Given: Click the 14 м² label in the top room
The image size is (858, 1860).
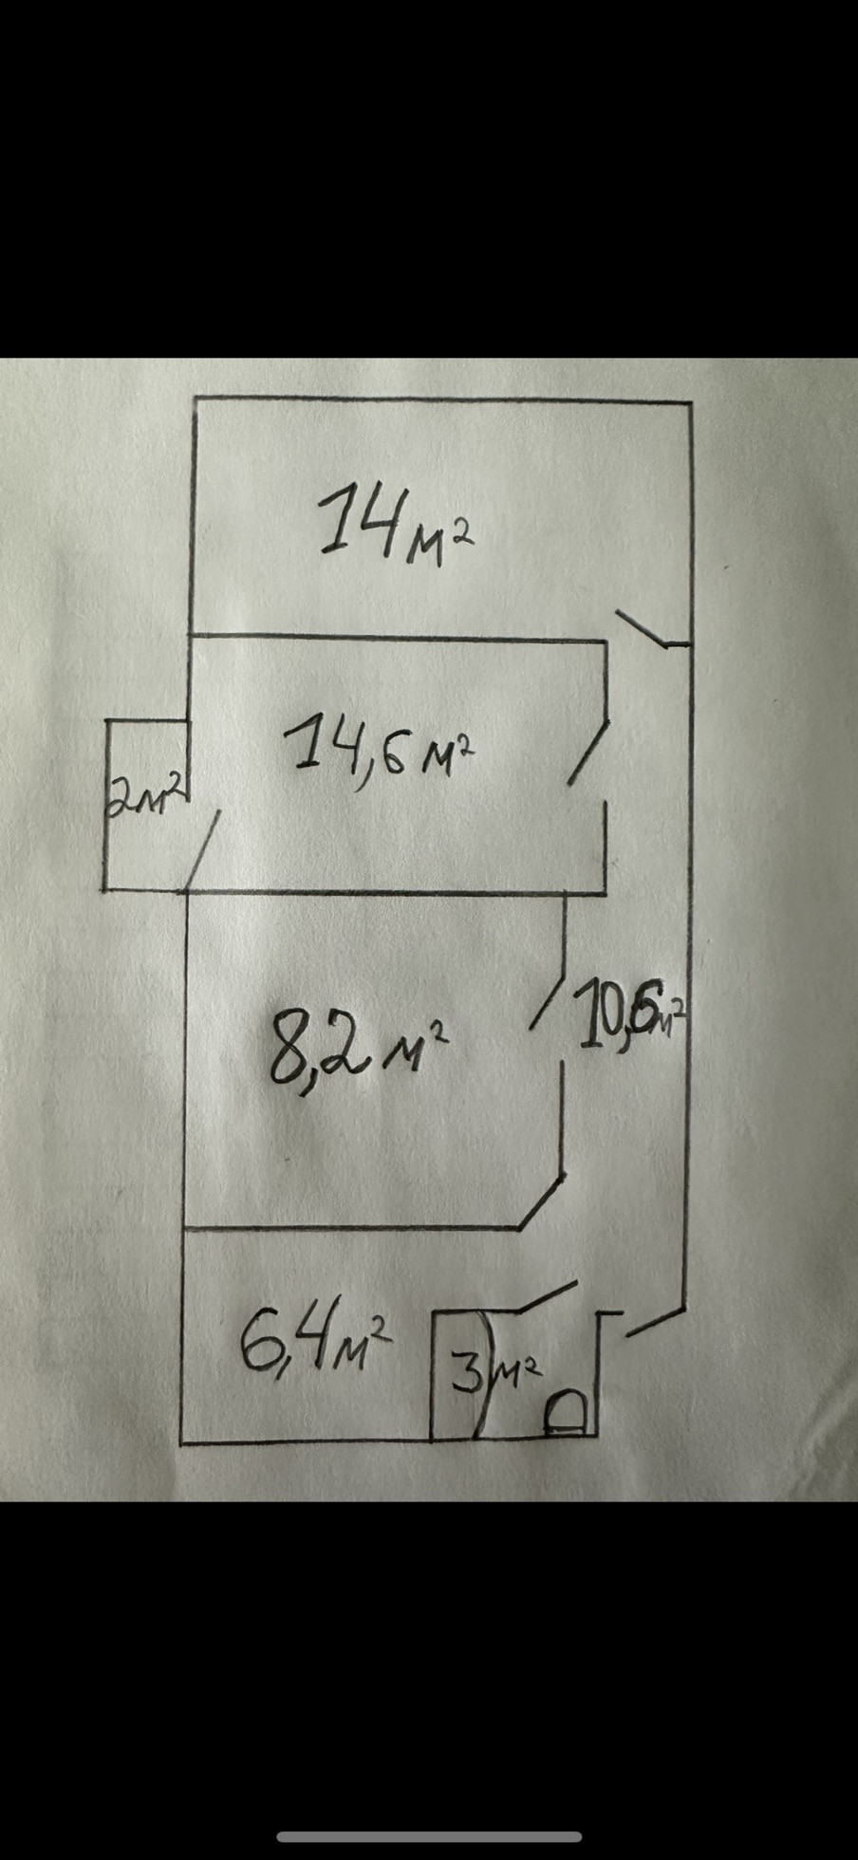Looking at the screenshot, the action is (x=394, y=522).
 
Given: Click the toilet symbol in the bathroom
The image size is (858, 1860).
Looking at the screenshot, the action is (x=565, y=1414).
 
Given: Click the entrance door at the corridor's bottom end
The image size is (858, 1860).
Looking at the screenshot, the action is (x=655, y=1322).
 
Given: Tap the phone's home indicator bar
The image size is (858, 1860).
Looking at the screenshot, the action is (x=429, y=1837).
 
